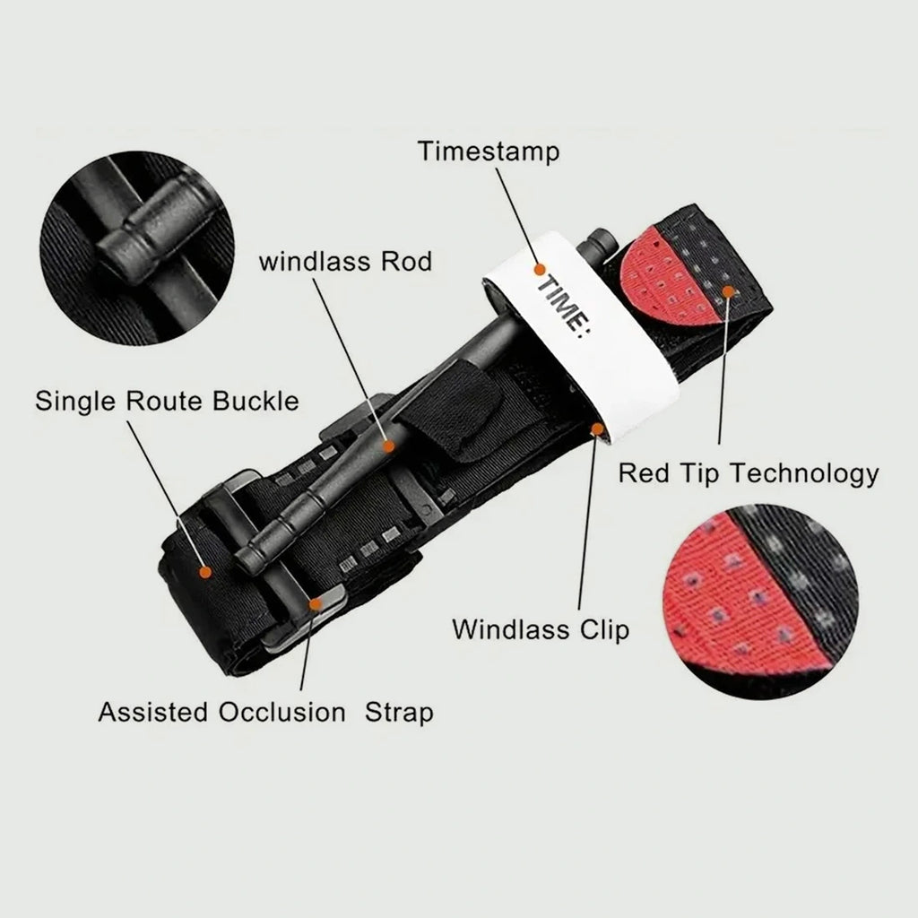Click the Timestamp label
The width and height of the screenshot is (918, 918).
pos(489,152)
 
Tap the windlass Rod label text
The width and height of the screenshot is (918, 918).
pos(345,262)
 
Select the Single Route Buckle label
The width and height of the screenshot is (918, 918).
pos(167,402)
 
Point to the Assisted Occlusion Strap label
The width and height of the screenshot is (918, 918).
pos(265,713)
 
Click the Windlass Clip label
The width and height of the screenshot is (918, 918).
pos(541,630)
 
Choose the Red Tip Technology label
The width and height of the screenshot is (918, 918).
pos(749,473)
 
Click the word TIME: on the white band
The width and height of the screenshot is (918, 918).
pos(564,308)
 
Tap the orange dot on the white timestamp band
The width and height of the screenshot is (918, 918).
pos(540,270)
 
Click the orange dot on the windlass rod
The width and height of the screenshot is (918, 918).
pos(388,446)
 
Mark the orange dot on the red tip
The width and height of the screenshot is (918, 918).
pos(728,291)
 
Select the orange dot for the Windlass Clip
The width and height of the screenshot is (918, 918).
pos(597,429)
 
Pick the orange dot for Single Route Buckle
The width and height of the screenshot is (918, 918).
pos(205,572)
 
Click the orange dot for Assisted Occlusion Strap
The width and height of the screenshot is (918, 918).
pos(316,604)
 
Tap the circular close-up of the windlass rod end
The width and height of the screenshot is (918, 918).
pos(137,249)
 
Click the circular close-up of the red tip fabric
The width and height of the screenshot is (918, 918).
pos(760,602)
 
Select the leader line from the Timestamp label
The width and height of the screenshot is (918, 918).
pos(518,217)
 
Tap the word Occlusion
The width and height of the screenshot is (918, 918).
pos(282,713)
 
